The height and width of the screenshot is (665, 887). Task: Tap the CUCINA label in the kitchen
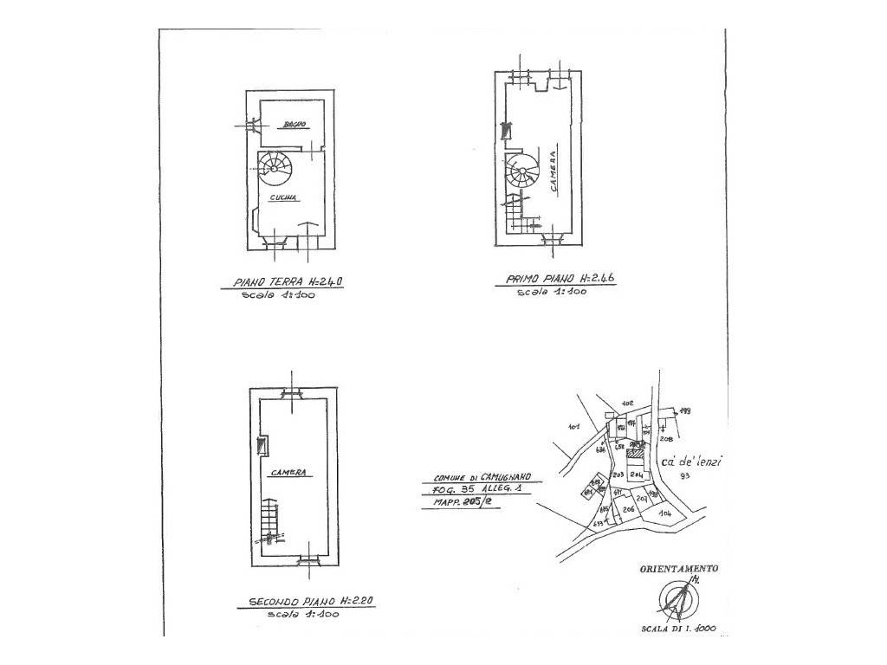tap(283, 198)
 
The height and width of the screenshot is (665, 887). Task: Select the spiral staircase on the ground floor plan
tap(275, 166)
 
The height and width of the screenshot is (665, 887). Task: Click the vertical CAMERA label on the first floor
tap(552, 170)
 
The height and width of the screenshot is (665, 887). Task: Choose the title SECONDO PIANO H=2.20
tap(310, 602)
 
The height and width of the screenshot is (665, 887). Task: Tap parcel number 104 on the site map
tap(665, 514)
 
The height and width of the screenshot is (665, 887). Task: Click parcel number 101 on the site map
tap(573, 426)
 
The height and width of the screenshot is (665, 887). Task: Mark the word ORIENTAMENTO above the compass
tap(678, 569)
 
